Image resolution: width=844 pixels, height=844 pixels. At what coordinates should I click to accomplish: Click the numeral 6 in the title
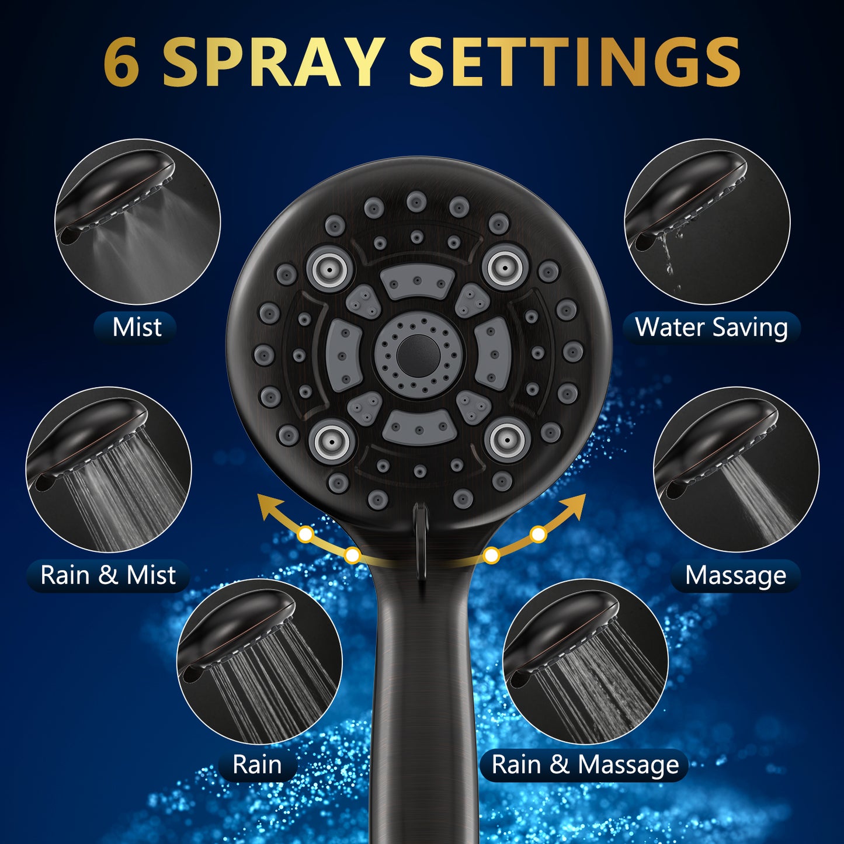click(121, 62)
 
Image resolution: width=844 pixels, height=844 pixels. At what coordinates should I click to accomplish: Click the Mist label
click(137, 327)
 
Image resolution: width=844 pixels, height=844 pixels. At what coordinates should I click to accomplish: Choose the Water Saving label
click(711, 327)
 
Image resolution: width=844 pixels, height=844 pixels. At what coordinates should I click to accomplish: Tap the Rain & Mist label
click(107, 575)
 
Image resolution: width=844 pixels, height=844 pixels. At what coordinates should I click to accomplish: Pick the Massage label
click(736, 575)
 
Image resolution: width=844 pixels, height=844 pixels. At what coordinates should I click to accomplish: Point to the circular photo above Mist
click(137, 221)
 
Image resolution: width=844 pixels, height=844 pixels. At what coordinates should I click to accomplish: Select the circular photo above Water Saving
click(707, 221)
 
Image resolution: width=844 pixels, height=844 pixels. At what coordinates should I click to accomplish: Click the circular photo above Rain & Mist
click(109, 470)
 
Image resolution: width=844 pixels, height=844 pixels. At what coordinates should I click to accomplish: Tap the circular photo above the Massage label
click(737, 470)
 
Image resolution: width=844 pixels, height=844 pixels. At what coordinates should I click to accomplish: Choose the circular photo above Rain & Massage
click(586, 661)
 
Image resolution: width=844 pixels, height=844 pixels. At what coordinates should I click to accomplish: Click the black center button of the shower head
click(418, 356)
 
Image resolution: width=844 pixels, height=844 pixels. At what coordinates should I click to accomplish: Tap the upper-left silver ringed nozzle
click(330, 268)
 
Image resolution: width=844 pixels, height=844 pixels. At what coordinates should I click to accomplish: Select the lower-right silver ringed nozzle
click(507, 440)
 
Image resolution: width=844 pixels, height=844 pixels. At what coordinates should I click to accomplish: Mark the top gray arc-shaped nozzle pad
click(418, 282)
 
